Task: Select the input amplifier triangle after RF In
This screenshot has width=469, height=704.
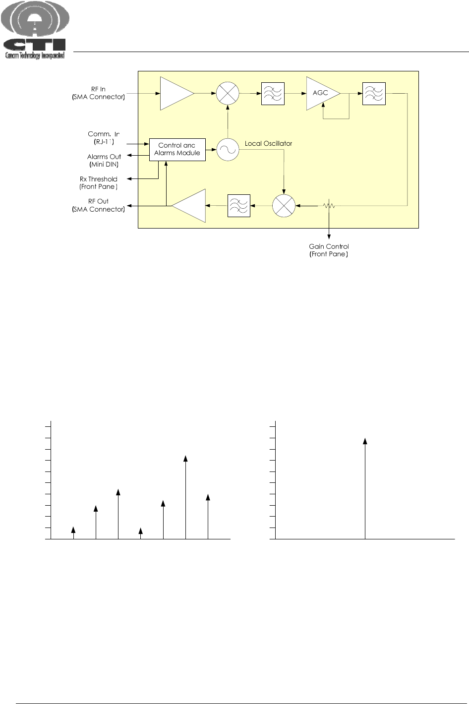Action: point(175,93)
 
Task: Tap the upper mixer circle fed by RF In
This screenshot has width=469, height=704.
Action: point(228,93)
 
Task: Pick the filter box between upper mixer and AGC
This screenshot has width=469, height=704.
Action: point(273,93)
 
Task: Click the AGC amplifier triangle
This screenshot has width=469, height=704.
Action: point(321,93)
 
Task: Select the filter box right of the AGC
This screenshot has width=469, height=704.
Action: point(374,93)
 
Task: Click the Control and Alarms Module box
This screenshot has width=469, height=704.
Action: point(177,149)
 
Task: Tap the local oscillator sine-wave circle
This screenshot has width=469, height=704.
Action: point(228,149)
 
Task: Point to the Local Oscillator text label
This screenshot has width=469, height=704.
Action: point(268,144)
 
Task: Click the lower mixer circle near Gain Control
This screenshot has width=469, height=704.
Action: point(284,205)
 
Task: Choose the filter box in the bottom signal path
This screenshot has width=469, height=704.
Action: point(238,205)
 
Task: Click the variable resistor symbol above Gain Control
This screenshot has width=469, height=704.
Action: point(329,205)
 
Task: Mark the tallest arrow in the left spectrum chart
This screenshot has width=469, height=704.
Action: point(185,496)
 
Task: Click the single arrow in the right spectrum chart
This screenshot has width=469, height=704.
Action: point(365,488)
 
